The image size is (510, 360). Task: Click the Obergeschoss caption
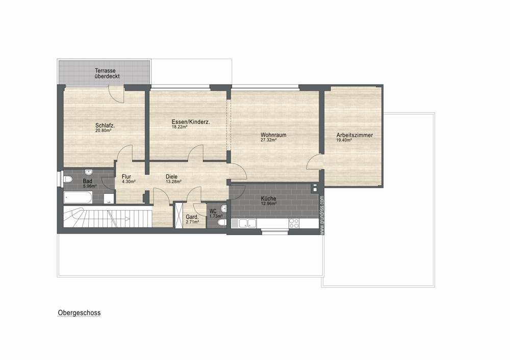[x=79, y=313]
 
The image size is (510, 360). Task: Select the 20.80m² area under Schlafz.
[x=104, y=131]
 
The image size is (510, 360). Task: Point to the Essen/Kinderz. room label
[x=191, y=122]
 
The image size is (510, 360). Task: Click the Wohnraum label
[x=273, y=135]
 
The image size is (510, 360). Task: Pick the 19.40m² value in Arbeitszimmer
[x=344, y=140]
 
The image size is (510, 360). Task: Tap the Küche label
[x=269, y=198]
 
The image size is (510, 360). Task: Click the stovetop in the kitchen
[x=294, y=223]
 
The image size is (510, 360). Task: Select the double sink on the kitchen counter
[x=247, y=223]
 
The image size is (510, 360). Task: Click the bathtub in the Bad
[x=78, y=197]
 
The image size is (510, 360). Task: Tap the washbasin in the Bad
[x=88, y=172]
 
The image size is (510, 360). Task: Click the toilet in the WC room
[x=221, y=222]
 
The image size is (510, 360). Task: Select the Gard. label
[x=192, y=217]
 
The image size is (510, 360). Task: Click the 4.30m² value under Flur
[x=129, y=182]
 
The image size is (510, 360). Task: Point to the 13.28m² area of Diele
[x=173, y=182]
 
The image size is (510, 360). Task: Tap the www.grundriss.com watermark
[x=322, y=215]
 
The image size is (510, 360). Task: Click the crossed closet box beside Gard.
[x=179, y=216]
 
